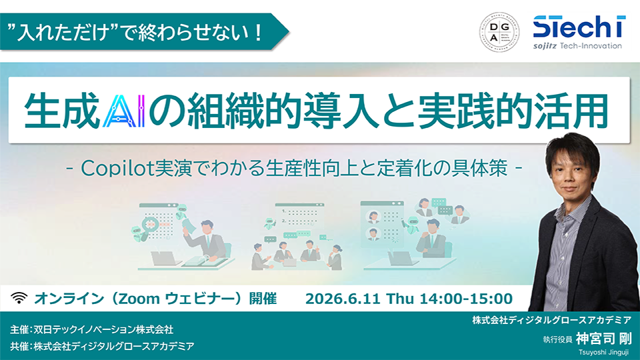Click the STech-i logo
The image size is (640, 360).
pyautogui.click(x=579, y=32)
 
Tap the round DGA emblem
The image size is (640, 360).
pyautogui.click(x=499, y=32)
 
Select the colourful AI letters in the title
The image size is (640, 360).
pyautogui.click(x=124, y=111)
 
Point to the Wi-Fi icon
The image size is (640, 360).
pyautogui.click(x=19, y=298)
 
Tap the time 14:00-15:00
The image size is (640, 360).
pyautogui.click(x=466, y=299)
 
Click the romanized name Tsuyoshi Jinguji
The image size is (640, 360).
pyautogui.click(x=603, y=352)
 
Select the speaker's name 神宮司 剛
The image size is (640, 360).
pyautogui.click(x=604, y=339)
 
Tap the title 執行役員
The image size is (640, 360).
pyautogui.click(x=557, y=339)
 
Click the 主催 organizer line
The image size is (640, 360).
pyautogui.click(x=92, y=329)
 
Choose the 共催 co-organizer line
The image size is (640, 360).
pyautogui.click(x=102, y=347)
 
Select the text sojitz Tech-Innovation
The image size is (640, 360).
pyautogui.click(x=577, y=46)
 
